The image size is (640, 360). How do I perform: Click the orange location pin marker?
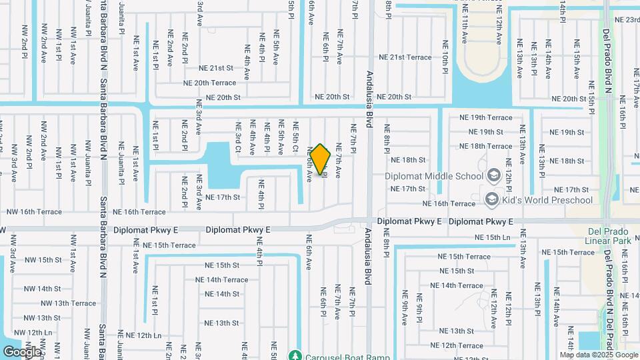click(x=321, y=159)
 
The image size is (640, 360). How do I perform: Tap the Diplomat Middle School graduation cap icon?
click(x=494, y=176)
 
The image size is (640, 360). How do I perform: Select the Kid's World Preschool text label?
click(x=547, y=200)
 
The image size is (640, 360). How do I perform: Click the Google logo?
click(x=21, y=351)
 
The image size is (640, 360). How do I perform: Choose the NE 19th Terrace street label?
click(x=486, y=117)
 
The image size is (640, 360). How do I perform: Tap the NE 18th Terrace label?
click(x=486, y=146)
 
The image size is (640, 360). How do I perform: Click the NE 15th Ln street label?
click(x=493, y=237)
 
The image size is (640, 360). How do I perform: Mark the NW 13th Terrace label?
click(x=66, y=303)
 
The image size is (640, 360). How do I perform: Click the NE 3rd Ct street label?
click(x=237, y=137)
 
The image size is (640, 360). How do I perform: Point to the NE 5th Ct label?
click(x=295, y=136)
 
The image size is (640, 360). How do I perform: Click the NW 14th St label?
click(x=43, y=289)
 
